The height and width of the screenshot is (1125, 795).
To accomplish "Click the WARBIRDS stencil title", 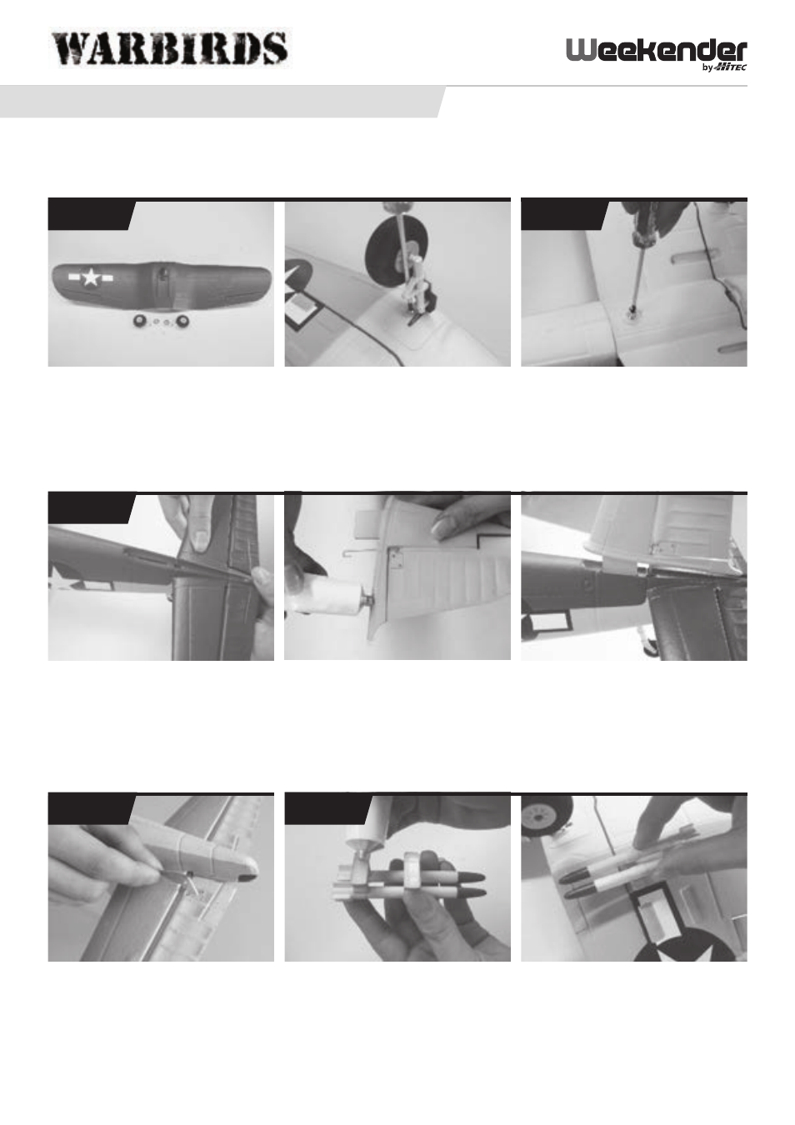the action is click(171, 47).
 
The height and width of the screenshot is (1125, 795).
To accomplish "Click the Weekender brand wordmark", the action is click(657, 51).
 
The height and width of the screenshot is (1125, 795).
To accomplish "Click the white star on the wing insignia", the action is click(91, 277).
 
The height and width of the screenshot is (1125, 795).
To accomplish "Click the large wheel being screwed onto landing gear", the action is click(391, 247).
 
